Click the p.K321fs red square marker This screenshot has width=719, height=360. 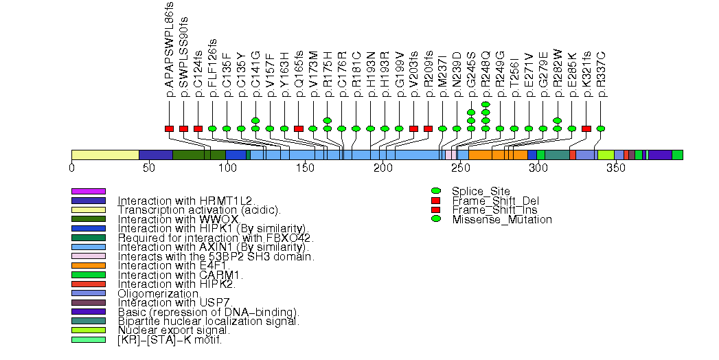point(586,128)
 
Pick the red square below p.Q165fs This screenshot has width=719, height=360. point(299,128)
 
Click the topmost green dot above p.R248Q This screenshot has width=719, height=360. point(486,104)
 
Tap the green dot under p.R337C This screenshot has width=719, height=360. point(601,128)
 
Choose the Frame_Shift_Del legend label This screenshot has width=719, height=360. point(484,201)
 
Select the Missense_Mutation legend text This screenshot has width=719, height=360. point(502,220)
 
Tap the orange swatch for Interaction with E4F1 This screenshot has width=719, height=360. point(89,265)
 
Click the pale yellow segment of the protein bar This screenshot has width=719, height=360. point(105,155)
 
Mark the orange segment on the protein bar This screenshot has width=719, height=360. point(498,155)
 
